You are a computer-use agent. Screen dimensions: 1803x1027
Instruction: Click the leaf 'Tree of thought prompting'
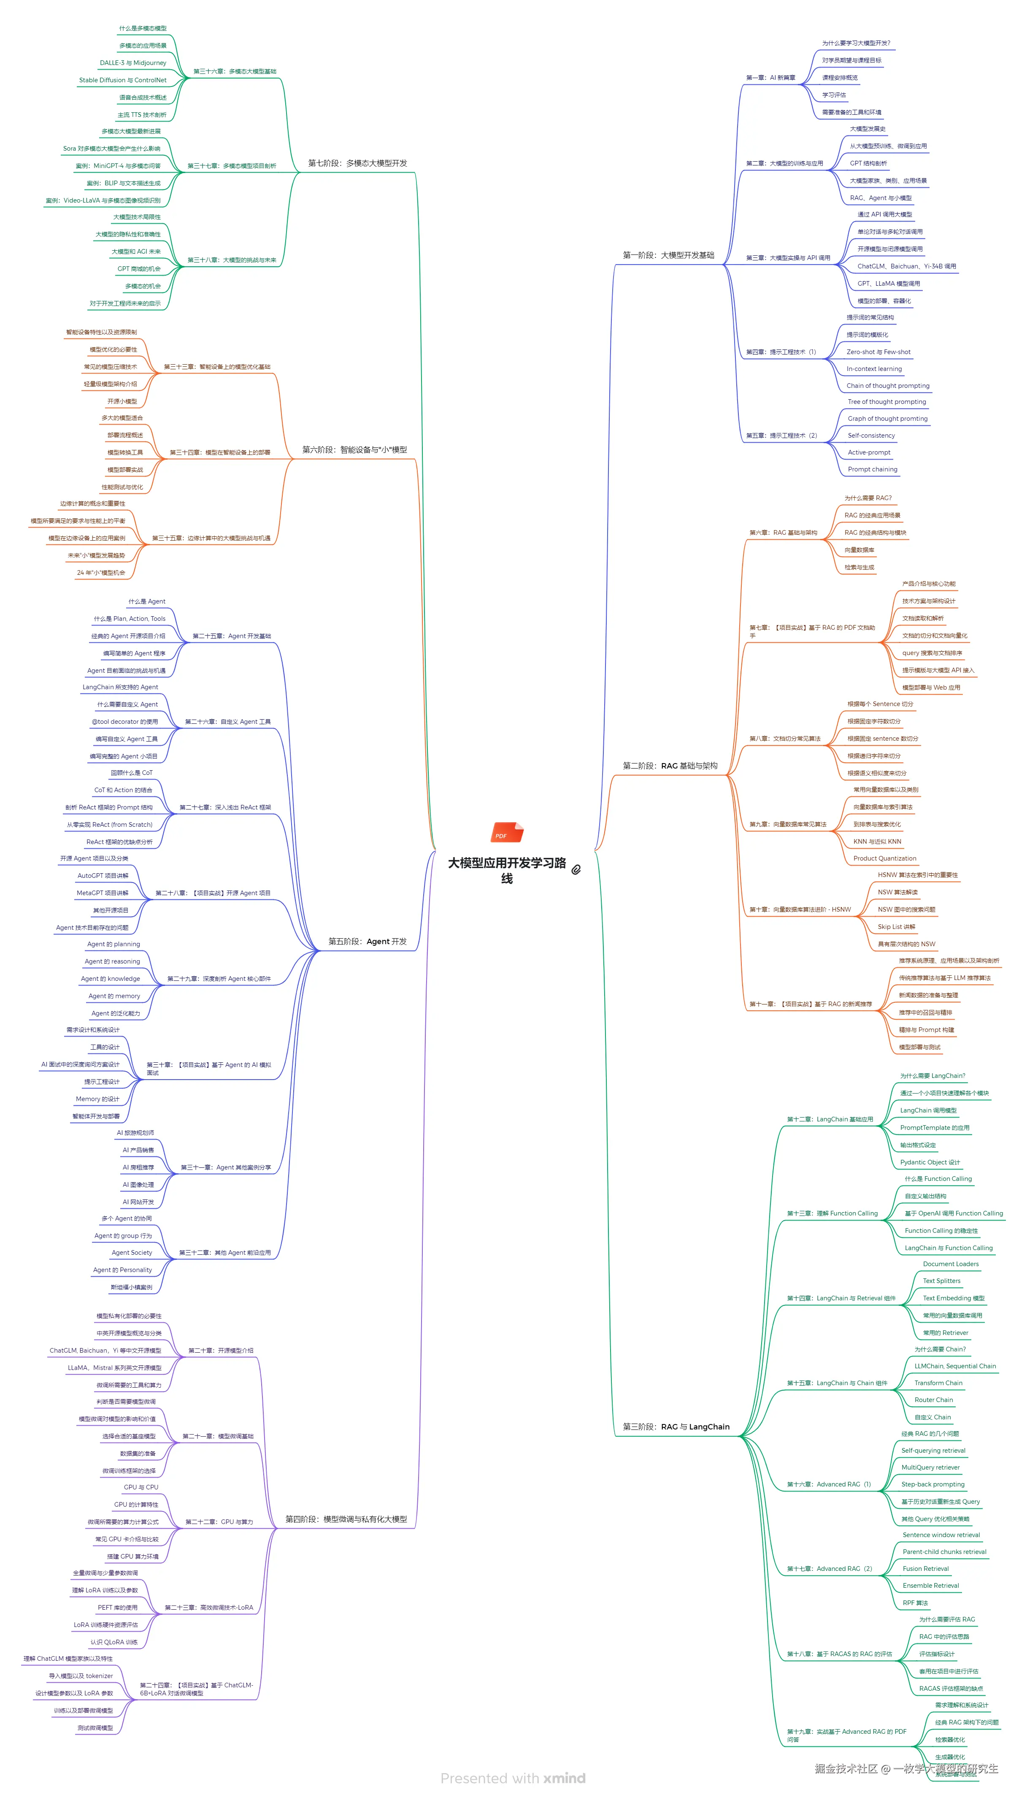point(886,402)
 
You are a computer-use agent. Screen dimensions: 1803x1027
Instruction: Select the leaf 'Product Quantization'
point(884,858)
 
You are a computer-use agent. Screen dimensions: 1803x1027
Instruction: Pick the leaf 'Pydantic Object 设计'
point(930,1162)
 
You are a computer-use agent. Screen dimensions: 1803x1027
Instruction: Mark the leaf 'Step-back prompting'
point(932,1484)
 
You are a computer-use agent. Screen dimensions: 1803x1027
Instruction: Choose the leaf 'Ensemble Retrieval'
point(930,1585)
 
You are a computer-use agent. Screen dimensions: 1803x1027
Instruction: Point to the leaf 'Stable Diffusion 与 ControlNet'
point(123,81)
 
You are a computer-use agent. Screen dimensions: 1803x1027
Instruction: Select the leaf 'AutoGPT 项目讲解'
point(103,875)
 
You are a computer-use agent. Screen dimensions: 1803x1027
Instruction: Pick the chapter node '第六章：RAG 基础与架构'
point(783,533)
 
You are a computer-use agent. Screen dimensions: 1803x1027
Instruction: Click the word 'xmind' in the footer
point(564,1779)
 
